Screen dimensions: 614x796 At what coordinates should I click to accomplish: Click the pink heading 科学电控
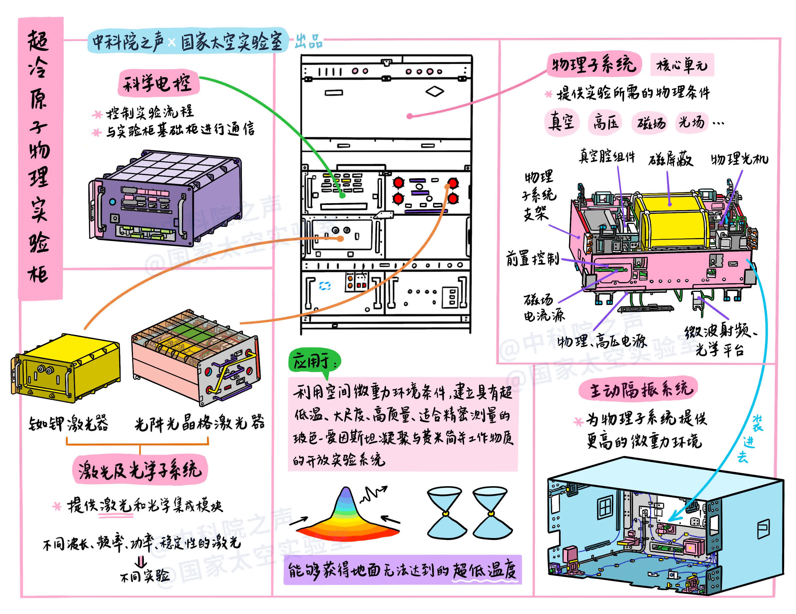158,83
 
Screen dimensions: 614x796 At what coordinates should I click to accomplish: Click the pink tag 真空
562,122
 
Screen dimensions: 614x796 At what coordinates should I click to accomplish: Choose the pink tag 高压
605,122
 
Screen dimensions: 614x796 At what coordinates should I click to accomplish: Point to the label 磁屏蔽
670,159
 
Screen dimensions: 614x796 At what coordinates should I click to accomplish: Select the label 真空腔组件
607,157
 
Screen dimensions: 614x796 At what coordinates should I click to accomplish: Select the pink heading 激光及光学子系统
140,469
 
